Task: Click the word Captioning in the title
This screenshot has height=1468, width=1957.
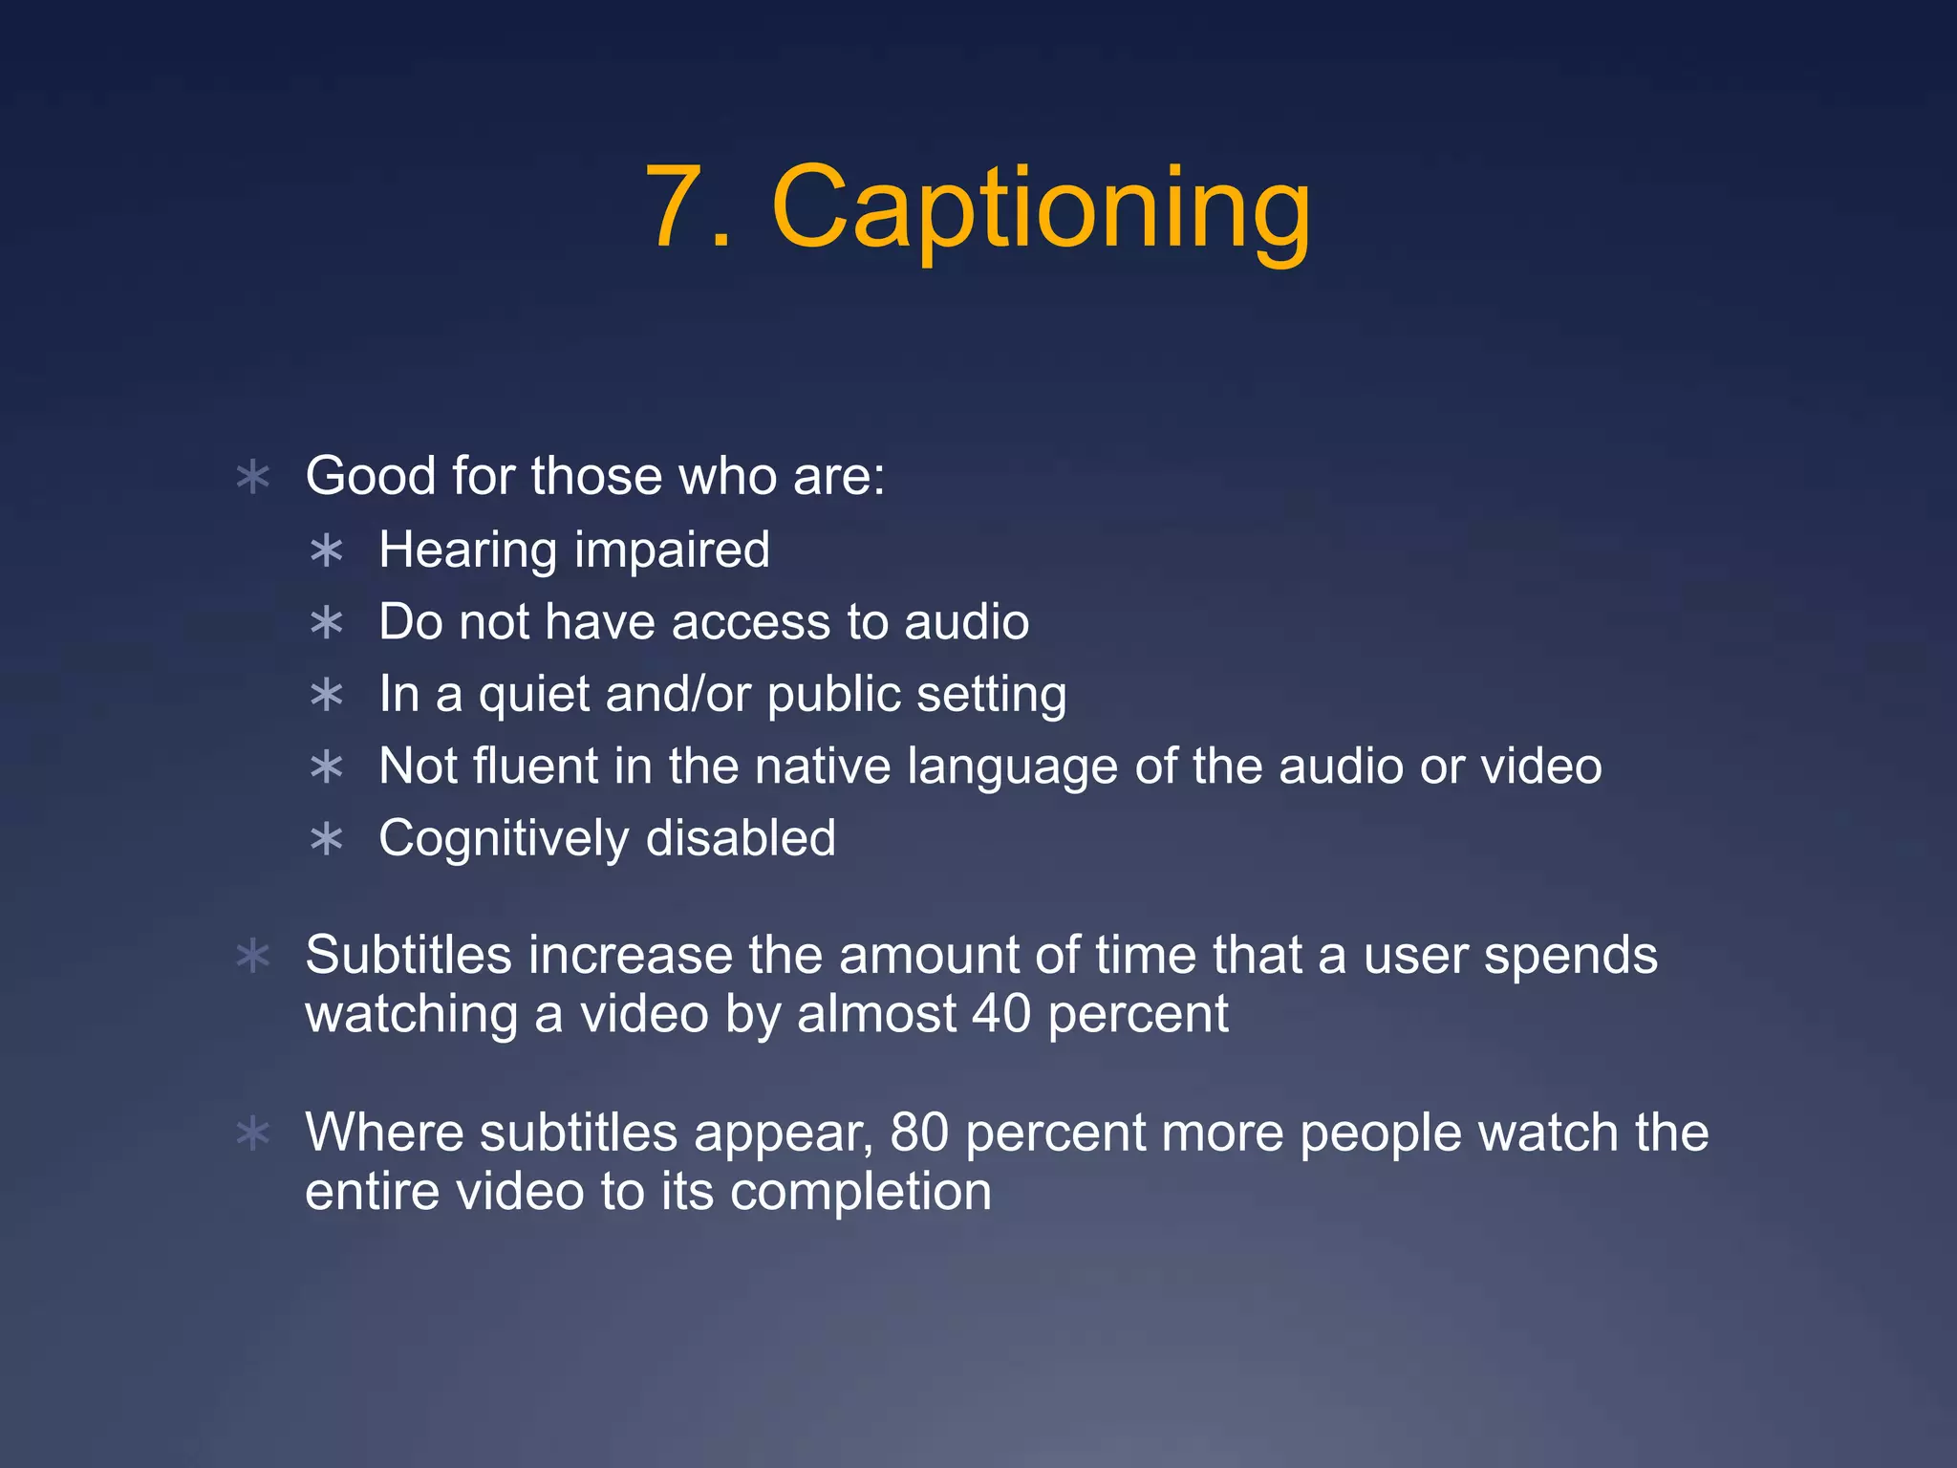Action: (1041, 208)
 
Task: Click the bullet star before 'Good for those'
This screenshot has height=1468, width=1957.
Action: (253, 477)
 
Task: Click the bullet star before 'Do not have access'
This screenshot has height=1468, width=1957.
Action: (327, 623)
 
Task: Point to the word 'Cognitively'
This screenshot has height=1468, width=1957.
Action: (504, 840)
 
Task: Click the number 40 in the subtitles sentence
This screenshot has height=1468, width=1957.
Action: (1001, 1014)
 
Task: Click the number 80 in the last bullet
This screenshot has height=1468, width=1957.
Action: (919, 1133)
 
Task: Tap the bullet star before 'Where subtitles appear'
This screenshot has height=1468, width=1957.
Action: (253, 1134)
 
